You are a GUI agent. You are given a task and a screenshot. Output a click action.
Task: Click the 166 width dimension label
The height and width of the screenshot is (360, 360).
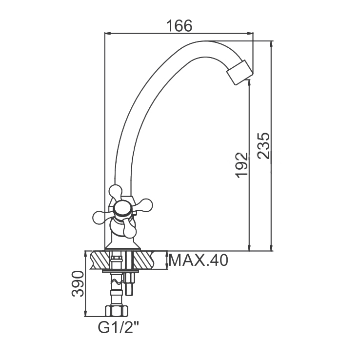coord(179,26)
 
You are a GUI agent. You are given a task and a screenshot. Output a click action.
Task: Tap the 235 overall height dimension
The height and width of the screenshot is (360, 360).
coord(263,145)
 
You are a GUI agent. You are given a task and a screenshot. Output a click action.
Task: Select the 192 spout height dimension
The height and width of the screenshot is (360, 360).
coord(241,165)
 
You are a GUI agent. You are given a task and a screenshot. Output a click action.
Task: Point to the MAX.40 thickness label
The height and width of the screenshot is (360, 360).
coord(199,260)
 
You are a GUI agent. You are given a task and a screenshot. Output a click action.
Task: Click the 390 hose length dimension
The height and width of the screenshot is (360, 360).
coord(78,284)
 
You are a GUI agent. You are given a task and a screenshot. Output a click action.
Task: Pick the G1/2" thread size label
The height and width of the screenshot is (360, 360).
coord(119,328)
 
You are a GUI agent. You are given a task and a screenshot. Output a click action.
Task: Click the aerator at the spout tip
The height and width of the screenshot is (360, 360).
coord(240,72)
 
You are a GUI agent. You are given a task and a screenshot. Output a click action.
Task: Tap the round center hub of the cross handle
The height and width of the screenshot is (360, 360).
coord(122,209)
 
